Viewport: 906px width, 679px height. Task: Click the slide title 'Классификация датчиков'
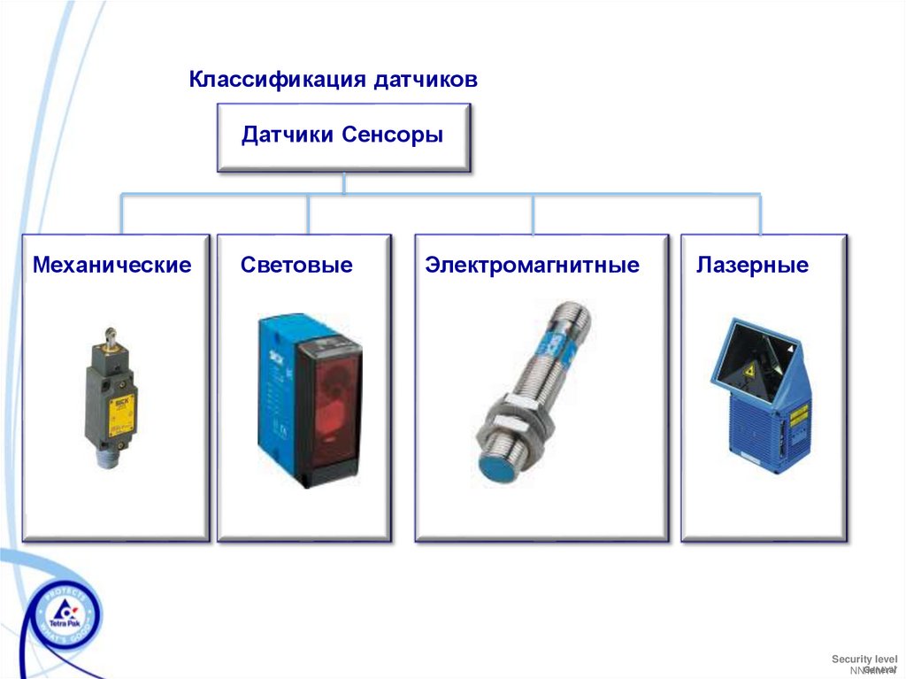(333, 80)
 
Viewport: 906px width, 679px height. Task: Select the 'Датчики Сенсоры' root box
(343, 136)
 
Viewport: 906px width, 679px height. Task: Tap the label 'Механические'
(112, 265)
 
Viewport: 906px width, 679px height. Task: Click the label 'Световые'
(296, 265)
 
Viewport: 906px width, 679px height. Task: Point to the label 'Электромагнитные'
(532, 265)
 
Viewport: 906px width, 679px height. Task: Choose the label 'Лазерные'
(752, 265)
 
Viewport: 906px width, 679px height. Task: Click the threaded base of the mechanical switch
(108, 458)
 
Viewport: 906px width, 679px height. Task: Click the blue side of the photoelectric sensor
(276, 390)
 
